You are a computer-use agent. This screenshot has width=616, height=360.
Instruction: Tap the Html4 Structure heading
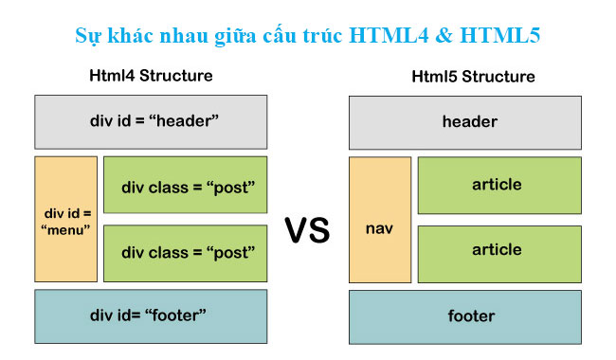[151, 76]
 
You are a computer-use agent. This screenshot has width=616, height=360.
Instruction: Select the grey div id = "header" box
[151, 121]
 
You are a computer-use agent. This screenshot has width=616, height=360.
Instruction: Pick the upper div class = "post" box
[185, 184]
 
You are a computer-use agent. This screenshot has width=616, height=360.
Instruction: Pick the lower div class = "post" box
[185, 253]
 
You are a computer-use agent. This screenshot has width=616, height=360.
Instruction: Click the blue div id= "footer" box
[151, 314]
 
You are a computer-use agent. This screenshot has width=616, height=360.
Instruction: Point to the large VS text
[307, 230]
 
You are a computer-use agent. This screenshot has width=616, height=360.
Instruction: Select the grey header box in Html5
[465, 121]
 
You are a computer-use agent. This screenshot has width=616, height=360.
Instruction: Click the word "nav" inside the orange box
[379, 228]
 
